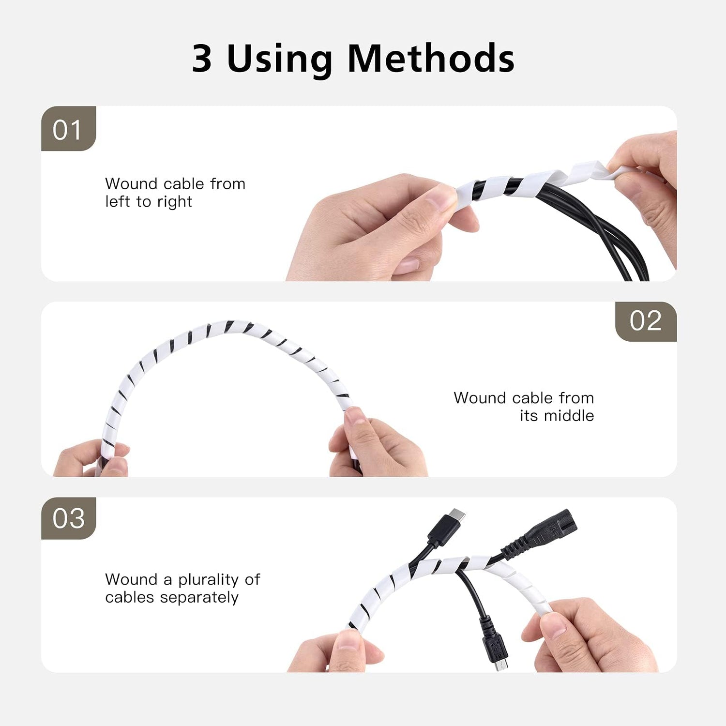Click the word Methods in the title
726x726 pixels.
click(431, 59)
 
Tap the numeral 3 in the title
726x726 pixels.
click(202, 59)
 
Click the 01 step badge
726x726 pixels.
click(69, 129)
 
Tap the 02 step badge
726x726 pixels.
click(646, 321)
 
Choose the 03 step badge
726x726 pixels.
click(69, 518)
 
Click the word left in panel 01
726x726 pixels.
click(118, 201)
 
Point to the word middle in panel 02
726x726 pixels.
click(569, 416)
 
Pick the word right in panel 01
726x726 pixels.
click(175, 202)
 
